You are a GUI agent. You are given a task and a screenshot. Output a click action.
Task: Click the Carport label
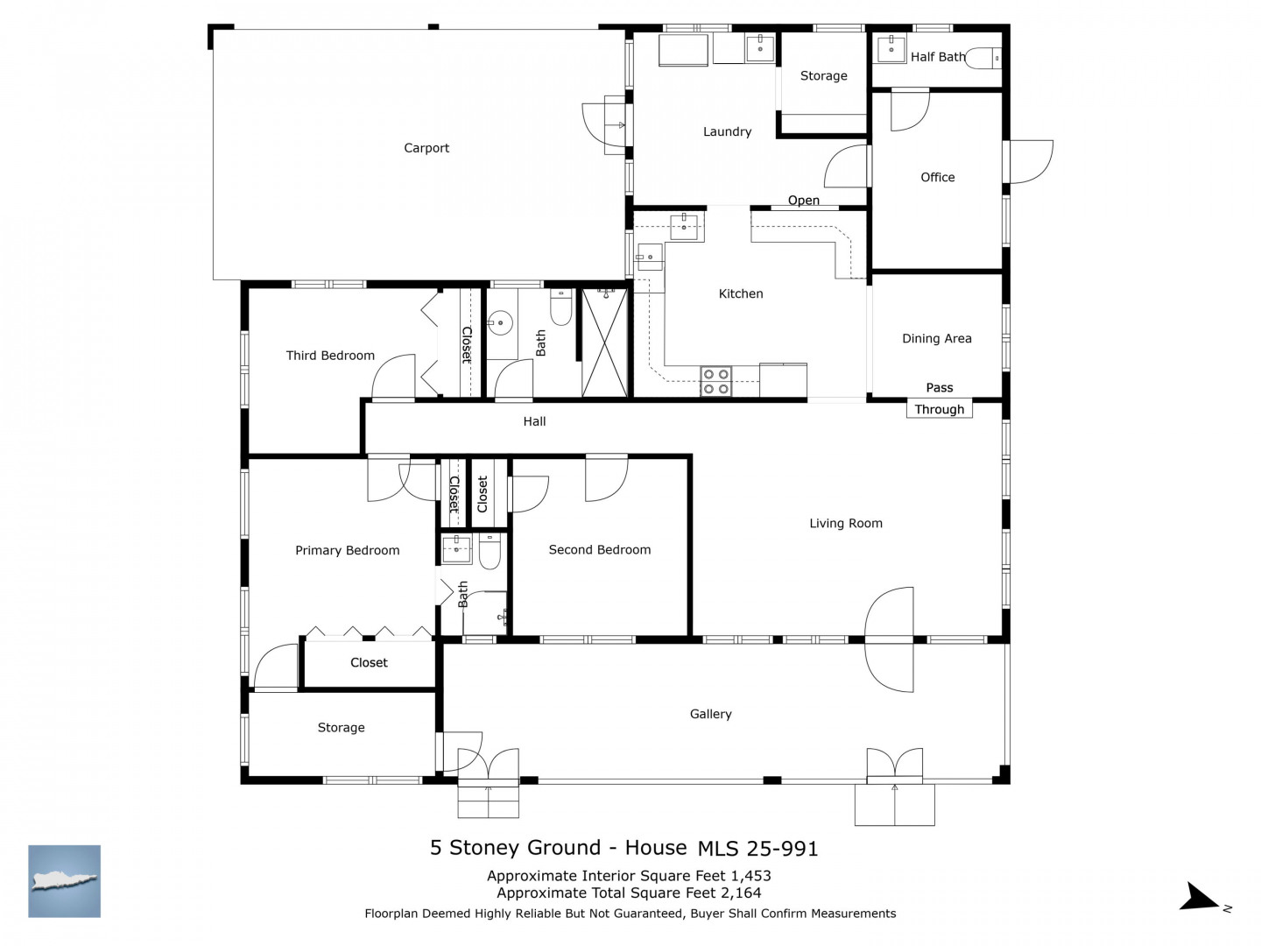(426, 148)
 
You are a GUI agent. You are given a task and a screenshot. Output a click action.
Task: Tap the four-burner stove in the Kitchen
(715, 381)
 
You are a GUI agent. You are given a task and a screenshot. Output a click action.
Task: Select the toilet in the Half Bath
(983, 59)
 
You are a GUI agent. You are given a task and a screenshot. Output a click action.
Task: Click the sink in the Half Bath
(891, 49)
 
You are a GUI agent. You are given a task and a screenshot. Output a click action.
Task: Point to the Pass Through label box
(940, 409)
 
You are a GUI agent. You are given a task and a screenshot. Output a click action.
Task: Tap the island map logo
(64, 880)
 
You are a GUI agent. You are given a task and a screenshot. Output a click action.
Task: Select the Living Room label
(846, 523)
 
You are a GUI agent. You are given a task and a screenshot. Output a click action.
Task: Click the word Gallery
(711, 714)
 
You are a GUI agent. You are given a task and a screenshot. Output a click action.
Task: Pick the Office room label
(938, 178)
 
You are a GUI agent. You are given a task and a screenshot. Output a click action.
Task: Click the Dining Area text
(936, 339)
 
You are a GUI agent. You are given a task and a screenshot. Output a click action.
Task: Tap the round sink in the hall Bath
(500, 323)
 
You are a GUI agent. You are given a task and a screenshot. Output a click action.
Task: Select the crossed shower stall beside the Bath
(604, 342)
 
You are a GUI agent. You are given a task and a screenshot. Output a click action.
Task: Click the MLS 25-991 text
(757, 849)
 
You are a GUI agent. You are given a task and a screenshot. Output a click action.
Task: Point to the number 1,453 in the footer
(750, 876)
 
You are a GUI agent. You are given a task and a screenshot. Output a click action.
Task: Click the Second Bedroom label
(600, 550)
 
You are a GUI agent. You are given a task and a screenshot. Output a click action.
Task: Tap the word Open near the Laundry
(803, 201)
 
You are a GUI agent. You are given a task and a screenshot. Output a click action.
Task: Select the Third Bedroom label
(330, 356)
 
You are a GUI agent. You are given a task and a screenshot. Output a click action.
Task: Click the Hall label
(534, 421)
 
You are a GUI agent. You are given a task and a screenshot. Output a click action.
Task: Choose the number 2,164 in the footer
(741, 893)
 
